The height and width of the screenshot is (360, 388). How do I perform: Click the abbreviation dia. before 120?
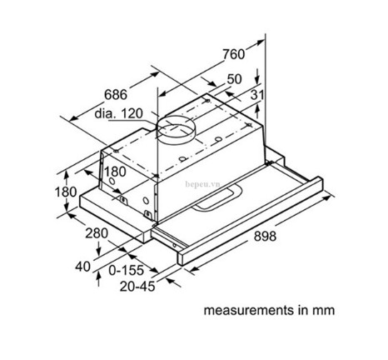click(109, 112)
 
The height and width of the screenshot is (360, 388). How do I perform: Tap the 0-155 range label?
click(127, 272)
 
